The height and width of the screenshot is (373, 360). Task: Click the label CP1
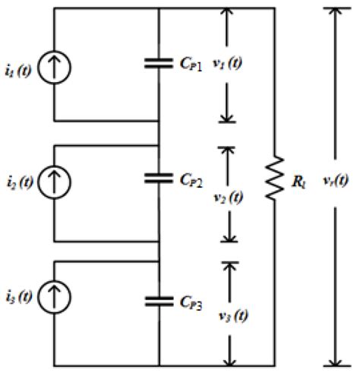[194, 66]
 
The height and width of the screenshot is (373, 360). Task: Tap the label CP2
[194, 180]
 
